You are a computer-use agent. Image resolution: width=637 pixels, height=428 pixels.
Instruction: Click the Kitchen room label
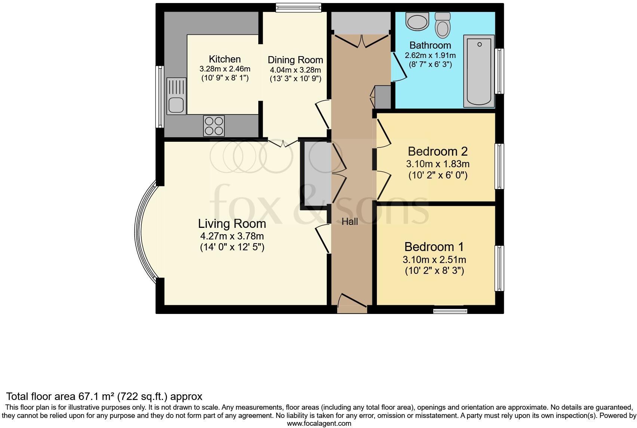click(x=225, y=59)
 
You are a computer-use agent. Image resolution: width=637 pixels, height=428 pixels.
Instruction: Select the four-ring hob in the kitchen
click(x=214, y=126)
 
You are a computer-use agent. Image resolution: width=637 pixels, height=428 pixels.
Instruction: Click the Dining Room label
click(x=295, y=60)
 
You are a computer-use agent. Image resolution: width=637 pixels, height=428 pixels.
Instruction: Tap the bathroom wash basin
click(x=417, y=22)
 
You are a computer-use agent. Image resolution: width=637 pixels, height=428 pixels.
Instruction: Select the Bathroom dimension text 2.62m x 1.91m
click(x=430, y=55)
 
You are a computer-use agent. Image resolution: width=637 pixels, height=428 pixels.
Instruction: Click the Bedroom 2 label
click(x=438, y=152)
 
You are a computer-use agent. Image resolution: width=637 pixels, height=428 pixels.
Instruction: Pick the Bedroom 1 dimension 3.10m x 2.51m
click(x=434, y=260)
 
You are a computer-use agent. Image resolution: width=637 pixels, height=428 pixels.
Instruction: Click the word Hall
click(x=350, y=221)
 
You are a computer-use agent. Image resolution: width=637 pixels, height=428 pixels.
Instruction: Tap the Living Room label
click(x=232, y=224)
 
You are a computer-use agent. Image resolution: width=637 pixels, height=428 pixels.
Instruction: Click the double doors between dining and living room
click(x=283, y=143)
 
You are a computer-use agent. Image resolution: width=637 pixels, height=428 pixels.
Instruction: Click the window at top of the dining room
click(x=298, y=7)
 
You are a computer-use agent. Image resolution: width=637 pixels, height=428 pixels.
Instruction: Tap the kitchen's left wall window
click(x=160, y=97)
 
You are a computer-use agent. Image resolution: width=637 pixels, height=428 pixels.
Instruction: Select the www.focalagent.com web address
click(x=319, y=424)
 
